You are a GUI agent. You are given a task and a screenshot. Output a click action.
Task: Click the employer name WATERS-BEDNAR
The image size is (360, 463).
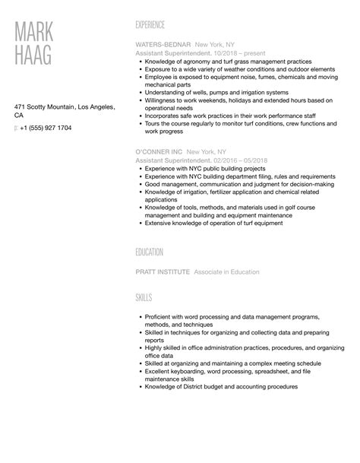tap(163, 45)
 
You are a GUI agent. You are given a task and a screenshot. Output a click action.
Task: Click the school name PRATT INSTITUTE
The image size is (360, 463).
tap(162, 271)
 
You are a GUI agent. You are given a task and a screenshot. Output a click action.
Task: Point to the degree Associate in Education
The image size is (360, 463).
tap(226, 271)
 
